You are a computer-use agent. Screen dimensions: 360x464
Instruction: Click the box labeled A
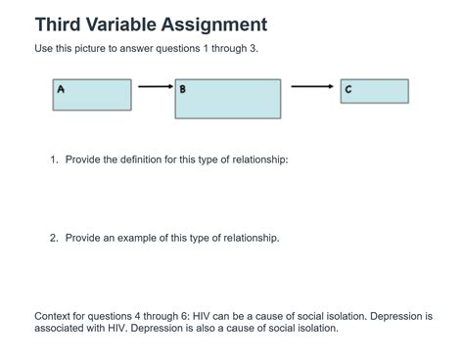click(92, 95)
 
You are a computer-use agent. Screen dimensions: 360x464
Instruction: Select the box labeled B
click(228, 99)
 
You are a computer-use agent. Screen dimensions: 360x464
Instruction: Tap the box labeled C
click(374, 91)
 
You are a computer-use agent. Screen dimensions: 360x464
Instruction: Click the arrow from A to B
click(154, 86)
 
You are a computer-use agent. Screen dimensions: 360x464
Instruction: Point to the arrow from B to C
click(311, 86)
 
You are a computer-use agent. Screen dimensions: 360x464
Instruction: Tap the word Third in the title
click(57, 24)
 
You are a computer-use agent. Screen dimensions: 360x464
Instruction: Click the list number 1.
click(54, 159)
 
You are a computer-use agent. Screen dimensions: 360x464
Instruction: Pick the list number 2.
click(54, 238)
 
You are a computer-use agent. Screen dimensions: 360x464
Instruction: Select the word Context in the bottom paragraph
click(53, 316)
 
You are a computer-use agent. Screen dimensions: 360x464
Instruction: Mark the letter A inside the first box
click(61, 88)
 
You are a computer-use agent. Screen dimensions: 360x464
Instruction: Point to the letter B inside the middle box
click(183, 89)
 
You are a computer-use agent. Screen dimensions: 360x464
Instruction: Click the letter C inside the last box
click(348, 89)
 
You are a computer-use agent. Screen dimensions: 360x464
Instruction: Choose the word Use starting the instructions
click(44, 49)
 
